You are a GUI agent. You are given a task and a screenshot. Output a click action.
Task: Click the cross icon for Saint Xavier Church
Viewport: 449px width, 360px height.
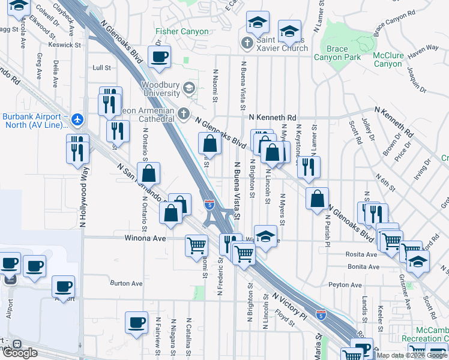[x=246, y=43]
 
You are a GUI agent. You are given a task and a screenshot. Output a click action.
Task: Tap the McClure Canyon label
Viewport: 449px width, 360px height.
[x=388, y=59]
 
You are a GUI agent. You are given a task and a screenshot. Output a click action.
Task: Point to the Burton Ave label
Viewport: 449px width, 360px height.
[x=126, y=283]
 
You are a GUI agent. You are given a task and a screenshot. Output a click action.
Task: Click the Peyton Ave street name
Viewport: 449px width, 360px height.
[x=345, y=285]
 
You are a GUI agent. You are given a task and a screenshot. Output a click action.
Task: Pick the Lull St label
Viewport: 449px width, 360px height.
[x=102, y=68]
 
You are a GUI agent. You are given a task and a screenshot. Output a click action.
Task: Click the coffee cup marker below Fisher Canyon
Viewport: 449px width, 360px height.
[x=159, y=57]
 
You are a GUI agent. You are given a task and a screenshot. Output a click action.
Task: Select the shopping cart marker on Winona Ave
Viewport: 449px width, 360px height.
[x=196, y=245]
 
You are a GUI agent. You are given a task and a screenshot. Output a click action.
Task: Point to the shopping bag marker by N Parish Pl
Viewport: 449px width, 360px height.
[x=317, y=198]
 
